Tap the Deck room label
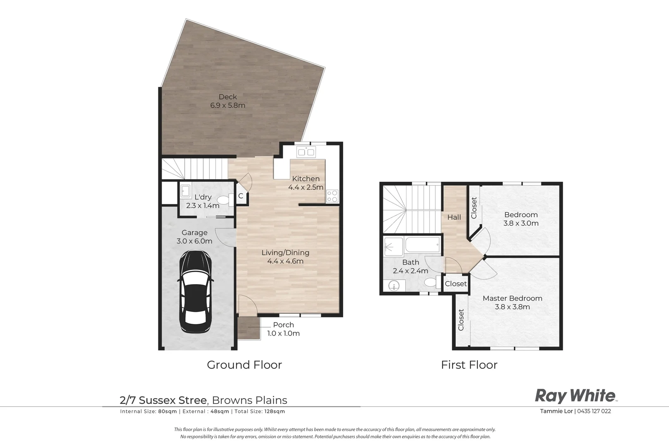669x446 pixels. pos(227,97)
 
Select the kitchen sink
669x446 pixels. pos(306,152)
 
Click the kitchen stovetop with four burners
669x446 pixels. pos(332,196)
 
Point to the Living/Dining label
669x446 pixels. pos(285,252)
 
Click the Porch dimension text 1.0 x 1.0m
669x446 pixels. pos(283,333)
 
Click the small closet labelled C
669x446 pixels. pos(241,196)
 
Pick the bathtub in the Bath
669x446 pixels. pos(422,244)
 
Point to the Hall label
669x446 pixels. pos(454,217)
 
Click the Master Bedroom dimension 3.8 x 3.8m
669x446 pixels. pos(513,307)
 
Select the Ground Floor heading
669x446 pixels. pos(244,365)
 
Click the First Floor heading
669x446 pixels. pos(469,365)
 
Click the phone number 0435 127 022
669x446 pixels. pos(594,411)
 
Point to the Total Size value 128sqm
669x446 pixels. pos(275,411)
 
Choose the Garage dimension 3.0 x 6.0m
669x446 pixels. pos(194,241)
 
